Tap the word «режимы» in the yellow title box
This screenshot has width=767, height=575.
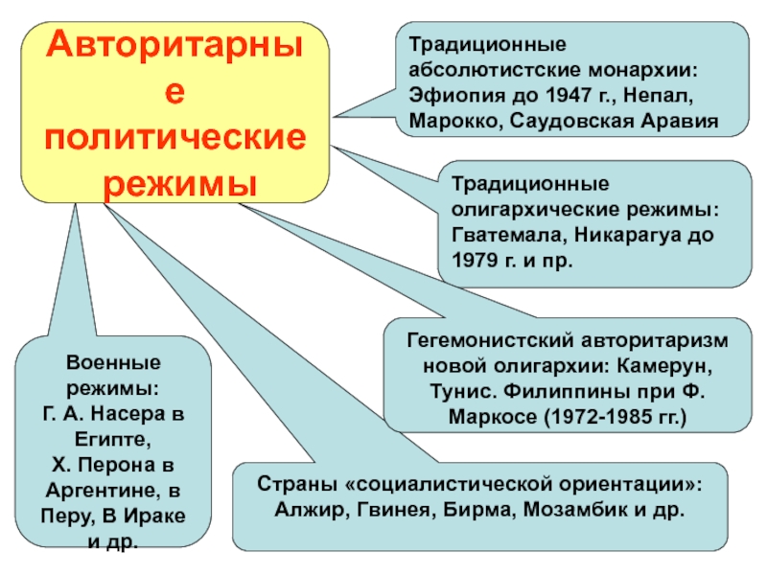[175, 182]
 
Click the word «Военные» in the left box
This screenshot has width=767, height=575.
[113, 365]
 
